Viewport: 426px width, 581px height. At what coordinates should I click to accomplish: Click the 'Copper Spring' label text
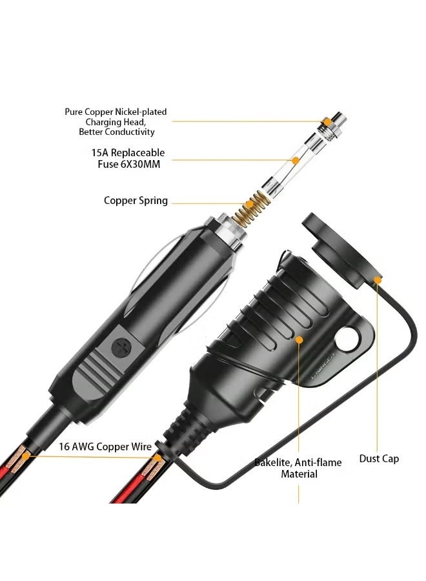click(136, 201)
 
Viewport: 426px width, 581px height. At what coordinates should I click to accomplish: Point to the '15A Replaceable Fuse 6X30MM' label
click(127, 159)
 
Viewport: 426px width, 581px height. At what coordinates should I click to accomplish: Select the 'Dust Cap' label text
click(379, 459)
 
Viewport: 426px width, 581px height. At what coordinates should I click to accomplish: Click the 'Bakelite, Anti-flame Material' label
click(298, 468)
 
